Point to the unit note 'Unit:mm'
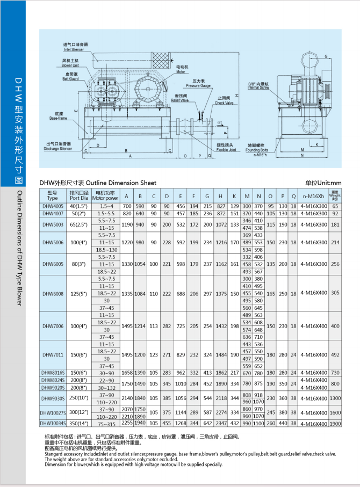coord(323,183)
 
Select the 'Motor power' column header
coord(105,195)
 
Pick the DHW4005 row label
coord(52,206)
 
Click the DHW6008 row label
coord(52,293)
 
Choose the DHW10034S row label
coord(52,424)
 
